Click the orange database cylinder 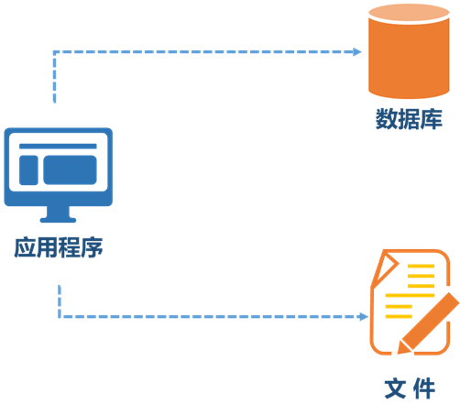point(409,51)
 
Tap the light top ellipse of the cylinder point(409,13)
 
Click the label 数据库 point(409,119)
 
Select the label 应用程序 point(59,247)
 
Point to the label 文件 point(410,388)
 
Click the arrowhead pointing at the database point(357,52)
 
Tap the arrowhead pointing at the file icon point(364,317)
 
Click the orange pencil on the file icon point(428,323)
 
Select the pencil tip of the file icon point(402,348)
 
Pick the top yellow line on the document point(421,266)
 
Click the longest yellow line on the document point(410,295)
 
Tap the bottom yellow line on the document point(399,316)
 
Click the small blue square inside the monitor point(28,170)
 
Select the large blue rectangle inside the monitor point(70,170)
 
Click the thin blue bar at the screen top point(58,147)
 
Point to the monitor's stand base point(58,220)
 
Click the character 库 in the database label point(432,119)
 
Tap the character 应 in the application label point(25,247)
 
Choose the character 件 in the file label point(424,388)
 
